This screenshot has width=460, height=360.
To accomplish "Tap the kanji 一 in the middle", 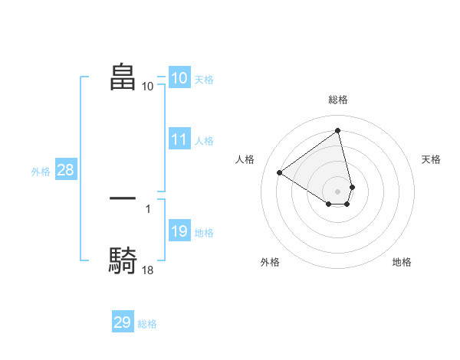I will coord(123,198).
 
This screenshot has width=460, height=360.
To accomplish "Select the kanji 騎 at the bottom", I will coord(123,260).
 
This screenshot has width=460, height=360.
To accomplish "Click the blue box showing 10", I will coord(179,78).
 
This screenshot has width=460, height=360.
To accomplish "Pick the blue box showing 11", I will coord(179,139).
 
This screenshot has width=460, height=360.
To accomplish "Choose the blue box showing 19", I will coord(179,232).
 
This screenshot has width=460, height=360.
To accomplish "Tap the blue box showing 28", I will coord(65,170).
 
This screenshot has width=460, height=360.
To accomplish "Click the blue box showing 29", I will coord(122,322).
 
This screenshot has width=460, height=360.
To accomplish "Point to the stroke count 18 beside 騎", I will coord(148,270).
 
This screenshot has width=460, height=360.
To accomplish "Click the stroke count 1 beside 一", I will coord(148,208).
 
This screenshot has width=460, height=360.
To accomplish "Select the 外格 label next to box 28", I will coord(41,172).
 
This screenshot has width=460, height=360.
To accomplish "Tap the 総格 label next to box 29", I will coord(147,324).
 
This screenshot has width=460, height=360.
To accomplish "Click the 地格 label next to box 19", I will coord(204,233).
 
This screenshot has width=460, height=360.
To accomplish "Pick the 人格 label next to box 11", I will coord(204,141).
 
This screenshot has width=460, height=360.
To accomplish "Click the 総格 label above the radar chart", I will coord(338,100).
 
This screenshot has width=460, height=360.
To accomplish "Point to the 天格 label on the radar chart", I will coord(431,159).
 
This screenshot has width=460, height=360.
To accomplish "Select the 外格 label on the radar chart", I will coord(270,262).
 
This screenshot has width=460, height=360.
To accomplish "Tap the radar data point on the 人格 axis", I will coord(280,172).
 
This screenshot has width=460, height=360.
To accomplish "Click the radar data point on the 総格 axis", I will coord(338,131).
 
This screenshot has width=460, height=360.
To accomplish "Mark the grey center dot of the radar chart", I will coord(338,191).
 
